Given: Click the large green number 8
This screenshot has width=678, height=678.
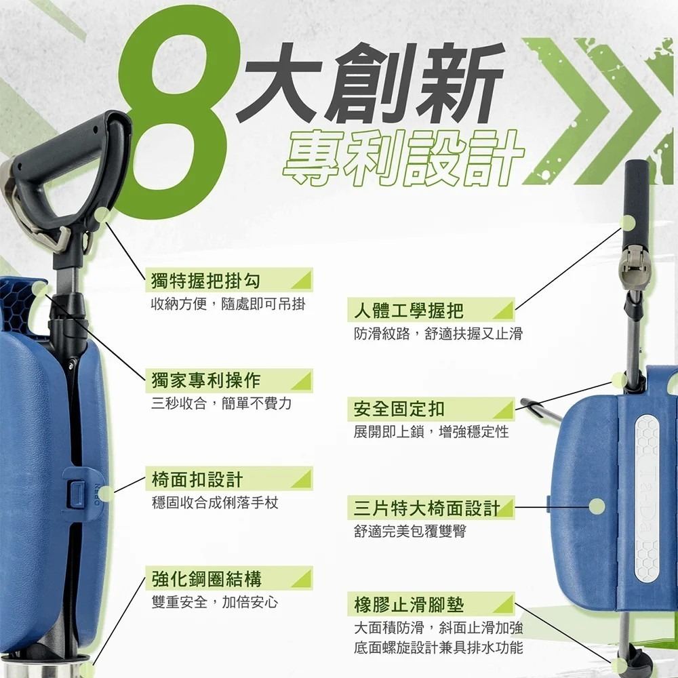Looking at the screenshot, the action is (173, 117).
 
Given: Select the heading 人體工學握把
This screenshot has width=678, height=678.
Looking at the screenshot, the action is (409, 311).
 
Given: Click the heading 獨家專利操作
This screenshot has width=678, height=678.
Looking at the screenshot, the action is (206, 380).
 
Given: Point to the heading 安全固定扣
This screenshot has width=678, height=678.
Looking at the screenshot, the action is (399, 409).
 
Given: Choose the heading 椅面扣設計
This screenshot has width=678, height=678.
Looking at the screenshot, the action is (197, 479).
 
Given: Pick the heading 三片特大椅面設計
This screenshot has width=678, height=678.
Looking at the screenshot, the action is (426, 508).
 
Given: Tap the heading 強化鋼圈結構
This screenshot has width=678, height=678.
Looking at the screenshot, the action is (206, 579).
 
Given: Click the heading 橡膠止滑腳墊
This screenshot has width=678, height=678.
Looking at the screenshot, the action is (409, 605).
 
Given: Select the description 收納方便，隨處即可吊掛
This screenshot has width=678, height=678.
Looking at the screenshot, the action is (228, 304).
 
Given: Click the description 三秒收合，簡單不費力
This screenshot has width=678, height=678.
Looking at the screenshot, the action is (222, 403).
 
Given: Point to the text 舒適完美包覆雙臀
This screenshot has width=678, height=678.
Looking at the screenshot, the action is (410, 532).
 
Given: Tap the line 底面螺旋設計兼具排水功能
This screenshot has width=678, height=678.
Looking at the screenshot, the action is (439, 647).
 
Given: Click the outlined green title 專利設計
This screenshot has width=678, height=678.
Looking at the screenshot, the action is (403, 159).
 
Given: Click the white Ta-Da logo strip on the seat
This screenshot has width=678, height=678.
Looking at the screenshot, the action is (647, 498).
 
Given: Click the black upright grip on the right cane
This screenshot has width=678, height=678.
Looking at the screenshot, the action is (637, 203).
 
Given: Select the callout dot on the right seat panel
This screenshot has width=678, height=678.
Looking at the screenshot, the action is (597, 506).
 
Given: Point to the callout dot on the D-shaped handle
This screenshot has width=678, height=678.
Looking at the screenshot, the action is (102, 215).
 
